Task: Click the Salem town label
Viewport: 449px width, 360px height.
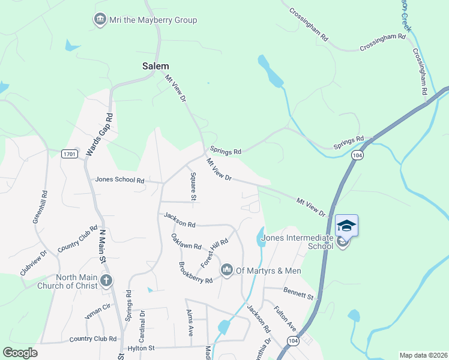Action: coord(155,66)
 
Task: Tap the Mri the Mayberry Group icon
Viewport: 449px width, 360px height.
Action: coord(100,20)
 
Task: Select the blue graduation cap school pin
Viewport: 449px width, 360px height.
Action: coord(346,226)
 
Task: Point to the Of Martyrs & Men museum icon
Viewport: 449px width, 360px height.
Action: coord(226,271)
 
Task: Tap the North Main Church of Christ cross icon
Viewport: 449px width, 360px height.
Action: coord(106,280)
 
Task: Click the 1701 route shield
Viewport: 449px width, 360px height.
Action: coord(70,154)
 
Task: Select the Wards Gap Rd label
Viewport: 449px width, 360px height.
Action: coord(100,135)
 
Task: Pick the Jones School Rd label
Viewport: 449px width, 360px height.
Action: coord(120,180)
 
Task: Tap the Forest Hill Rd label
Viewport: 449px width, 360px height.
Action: coord(214,253)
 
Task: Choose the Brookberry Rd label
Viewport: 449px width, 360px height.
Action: coord(196,272)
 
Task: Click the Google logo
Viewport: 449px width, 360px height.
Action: coord(20,353)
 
